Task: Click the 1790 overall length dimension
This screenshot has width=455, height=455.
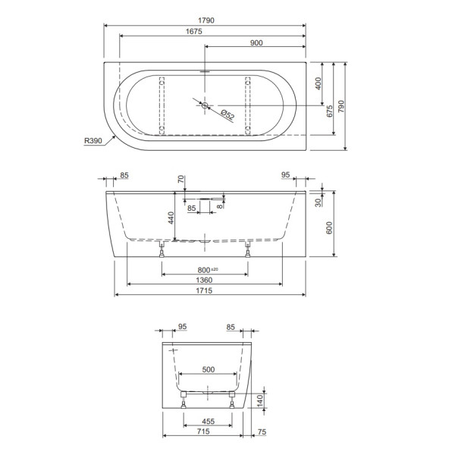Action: (x=205, y=20)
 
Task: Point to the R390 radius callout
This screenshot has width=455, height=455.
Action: (x=95, y=140)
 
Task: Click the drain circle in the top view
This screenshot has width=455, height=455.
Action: (x=204, y=105)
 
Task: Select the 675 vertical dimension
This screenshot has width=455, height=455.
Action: (x=331, y=111)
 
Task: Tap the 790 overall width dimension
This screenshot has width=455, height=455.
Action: (x=344, y=107)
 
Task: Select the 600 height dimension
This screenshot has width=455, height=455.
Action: (x=331, y=226)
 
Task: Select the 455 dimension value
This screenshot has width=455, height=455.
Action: (x=207, y=422)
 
